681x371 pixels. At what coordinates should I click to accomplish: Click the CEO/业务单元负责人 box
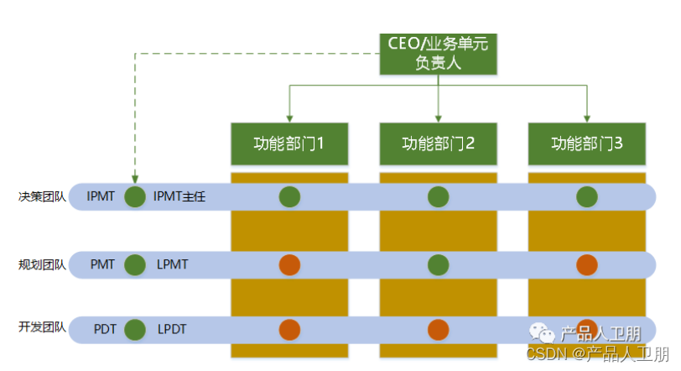[x=439, y=54]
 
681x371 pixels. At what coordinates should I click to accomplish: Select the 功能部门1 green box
[x=289, y=144]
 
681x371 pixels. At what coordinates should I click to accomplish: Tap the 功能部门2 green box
[x=438, y=144]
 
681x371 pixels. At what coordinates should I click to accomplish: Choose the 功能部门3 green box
[x=586, y=144]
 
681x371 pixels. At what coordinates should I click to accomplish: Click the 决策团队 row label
[x=42, y=197]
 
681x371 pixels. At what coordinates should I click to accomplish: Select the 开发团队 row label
[x=42, y=328]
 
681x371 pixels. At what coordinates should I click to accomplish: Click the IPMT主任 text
[x=179, y=197]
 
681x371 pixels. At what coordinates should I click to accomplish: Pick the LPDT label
[x=172, y=329]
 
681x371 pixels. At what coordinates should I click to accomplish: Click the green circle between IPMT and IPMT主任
[x=134, y=197]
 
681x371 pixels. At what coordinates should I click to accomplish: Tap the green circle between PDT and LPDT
[x=134, y=329]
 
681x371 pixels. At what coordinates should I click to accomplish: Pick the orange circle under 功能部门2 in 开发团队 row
[x=438, y=329]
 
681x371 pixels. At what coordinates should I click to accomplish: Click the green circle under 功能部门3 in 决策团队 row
[x=586, y=197]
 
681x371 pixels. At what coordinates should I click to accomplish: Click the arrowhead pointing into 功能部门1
[x=289, y=118]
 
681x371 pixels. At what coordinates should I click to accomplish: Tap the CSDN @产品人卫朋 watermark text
[x=598, y=354]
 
